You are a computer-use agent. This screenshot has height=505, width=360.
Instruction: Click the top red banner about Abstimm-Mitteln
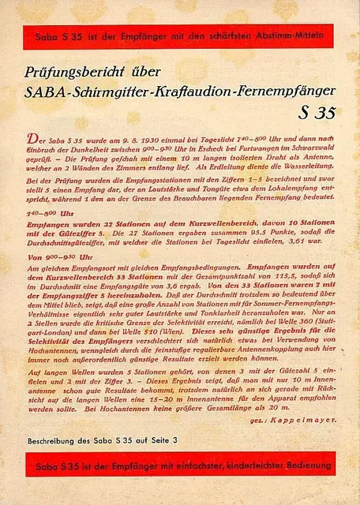(x=179, y=35)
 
